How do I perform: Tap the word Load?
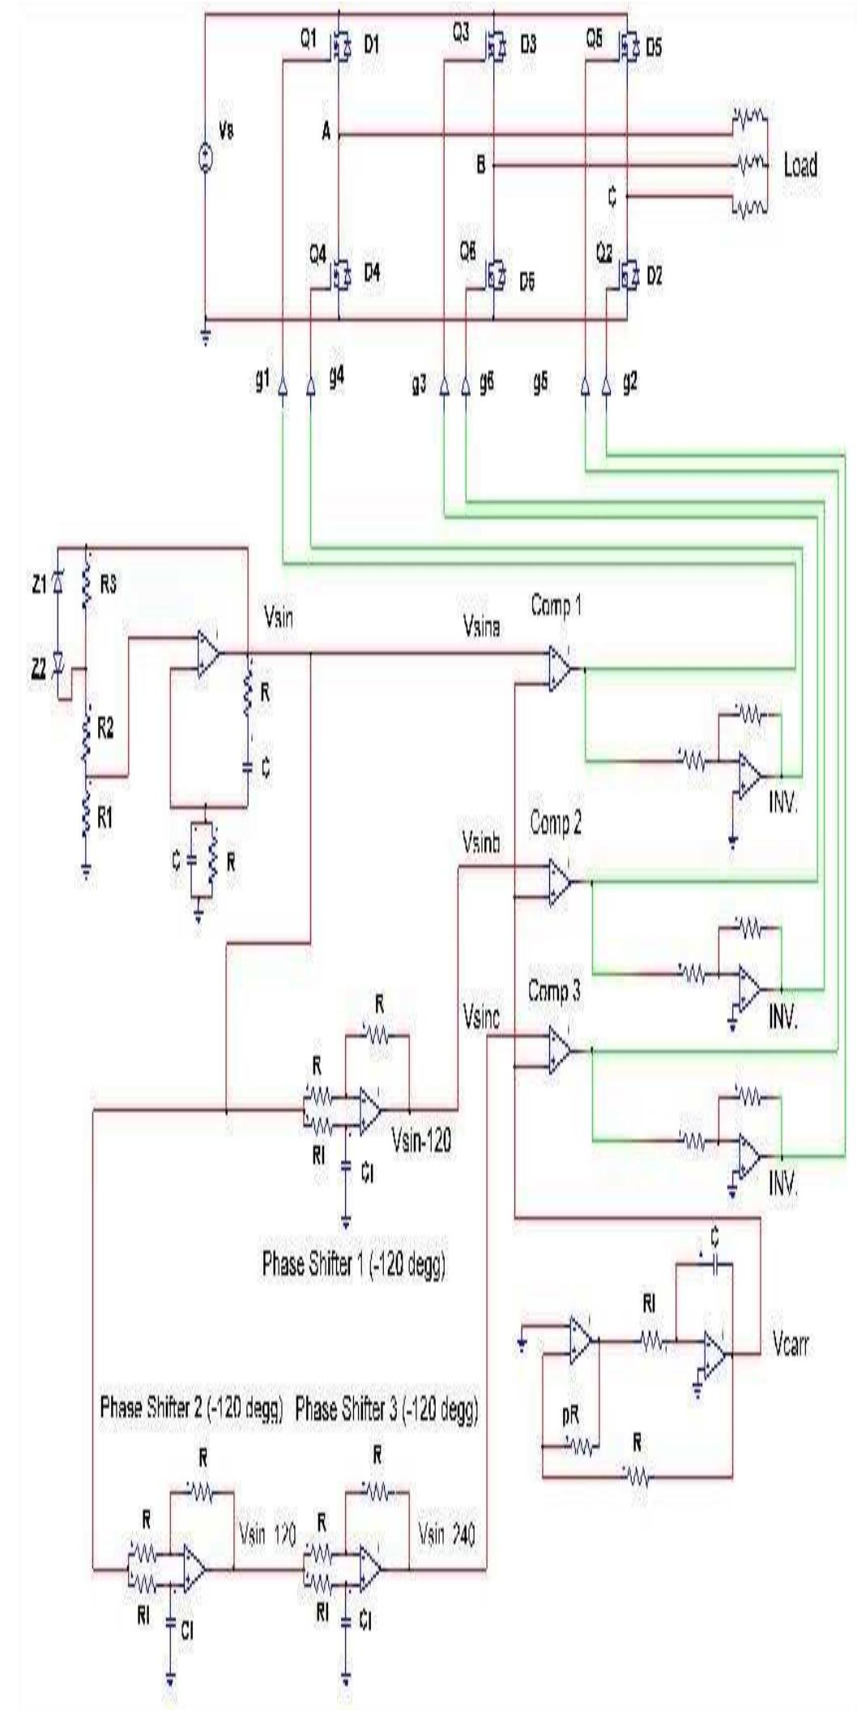pyautogui.click(x=799, y=166)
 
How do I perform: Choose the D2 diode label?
pyautogui.click(x=653, y=275)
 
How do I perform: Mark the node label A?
pyautogui.click(x=327, y=134)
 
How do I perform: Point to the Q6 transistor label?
pyautogui.click(x=468, y=253)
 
